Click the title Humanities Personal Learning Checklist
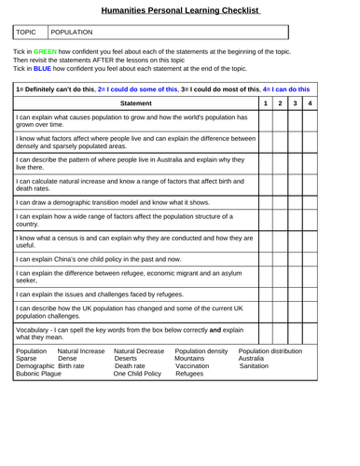pos(181,9)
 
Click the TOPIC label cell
pos(31,32)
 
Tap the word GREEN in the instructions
pos(45,51)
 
